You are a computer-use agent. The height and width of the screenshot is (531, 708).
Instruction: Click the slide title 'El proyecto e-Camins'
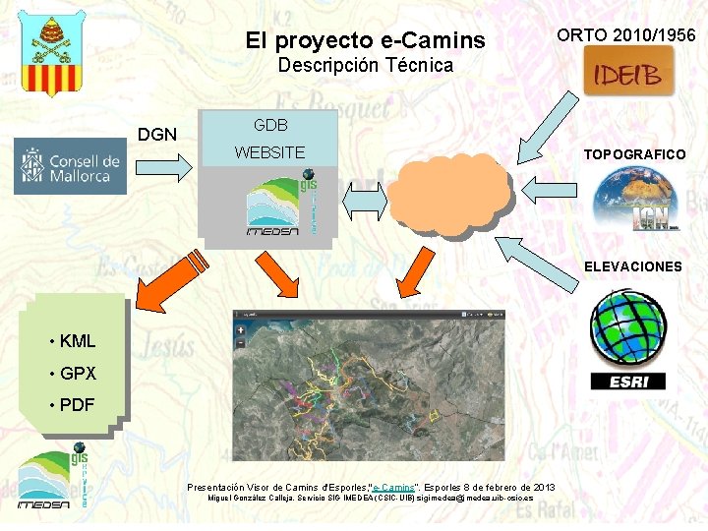[x=365, y=40]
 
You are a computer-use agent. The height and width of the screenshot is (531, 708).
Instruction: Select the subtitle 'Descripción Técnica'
[x=365, y=66]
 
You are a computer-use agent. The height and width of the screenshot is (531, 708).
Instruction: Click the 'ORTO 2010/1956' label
[x=625, y=35]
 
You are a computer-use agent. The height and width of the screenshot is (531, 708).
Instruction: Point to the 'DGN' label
[x=157, y=134]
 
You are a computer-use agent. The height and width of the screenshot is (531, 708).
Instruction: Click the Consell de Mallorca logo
[x=70, y=169]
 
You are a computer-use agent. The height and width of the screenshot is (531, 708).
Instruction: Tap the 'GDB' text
[x=270, y=126]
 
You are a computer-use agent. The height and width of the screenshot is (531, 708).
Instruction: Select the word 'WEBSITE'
[x=269, y=152]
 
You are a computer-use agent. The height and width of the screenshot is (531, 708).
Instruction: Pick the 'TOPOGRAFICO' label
[x=634, y=154]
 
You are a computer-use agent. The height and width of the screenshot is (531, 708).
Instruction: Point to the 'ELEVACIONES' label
[x=632, y=266]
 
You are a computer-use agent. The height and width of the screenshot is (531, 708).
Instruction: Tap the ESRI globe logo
[x=628, y=339]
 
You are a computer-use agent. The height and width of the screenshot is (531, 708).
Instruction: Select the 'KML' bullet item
[x=78, y=342]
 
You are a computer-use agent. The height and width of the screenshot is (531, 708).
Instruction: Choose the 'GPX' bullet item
[x=78, y=374]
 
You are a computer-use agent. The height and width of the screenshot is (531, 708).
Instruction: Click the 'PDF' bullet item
[x=77, y=405]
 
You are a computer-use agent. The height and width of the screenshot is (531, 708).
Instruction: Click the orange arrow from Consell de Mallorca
[x=171, y=169]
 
